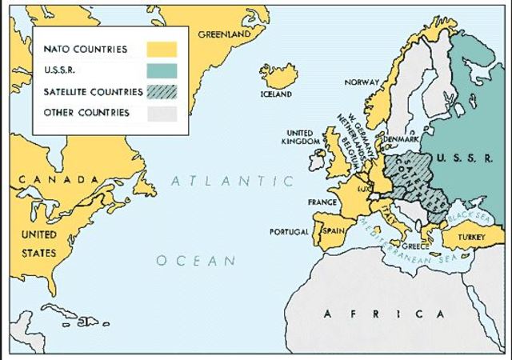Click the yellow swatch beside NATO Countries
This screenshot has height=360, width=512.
tap(161, 50)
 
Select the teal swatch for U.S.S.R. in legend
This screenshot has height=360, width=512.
tap(161, 71)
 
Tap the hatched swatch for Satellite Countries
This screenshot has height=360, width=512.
tap(161, 92)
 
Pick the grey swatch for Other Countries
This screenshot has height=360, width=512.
tap(161, 113)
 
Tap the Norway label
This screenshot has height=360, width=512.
tap(361, 82)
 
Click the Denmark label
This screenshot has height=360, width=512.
tap(401, 138)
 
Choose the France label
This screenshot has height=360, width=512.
tap(322, 202)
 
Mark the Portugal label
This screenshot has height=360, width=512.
tap(288, 232)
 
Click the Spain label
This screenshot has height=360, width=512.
tap(332, 230)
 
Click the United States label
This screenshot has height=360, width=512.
tap(38, 244)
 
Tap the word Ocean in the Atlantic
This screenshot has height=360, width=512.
tap(196, 261)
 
